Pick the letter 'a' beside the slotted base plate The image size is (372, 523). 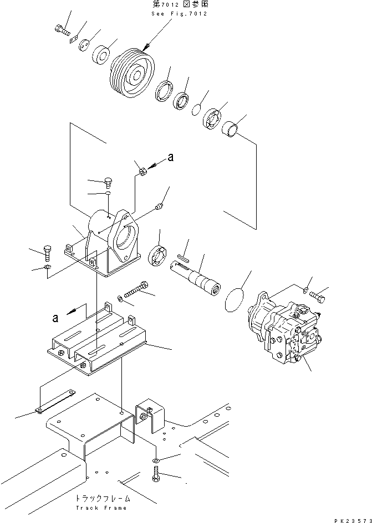point(55,317)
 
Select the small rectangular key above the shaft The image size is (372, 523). point(186,257)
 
